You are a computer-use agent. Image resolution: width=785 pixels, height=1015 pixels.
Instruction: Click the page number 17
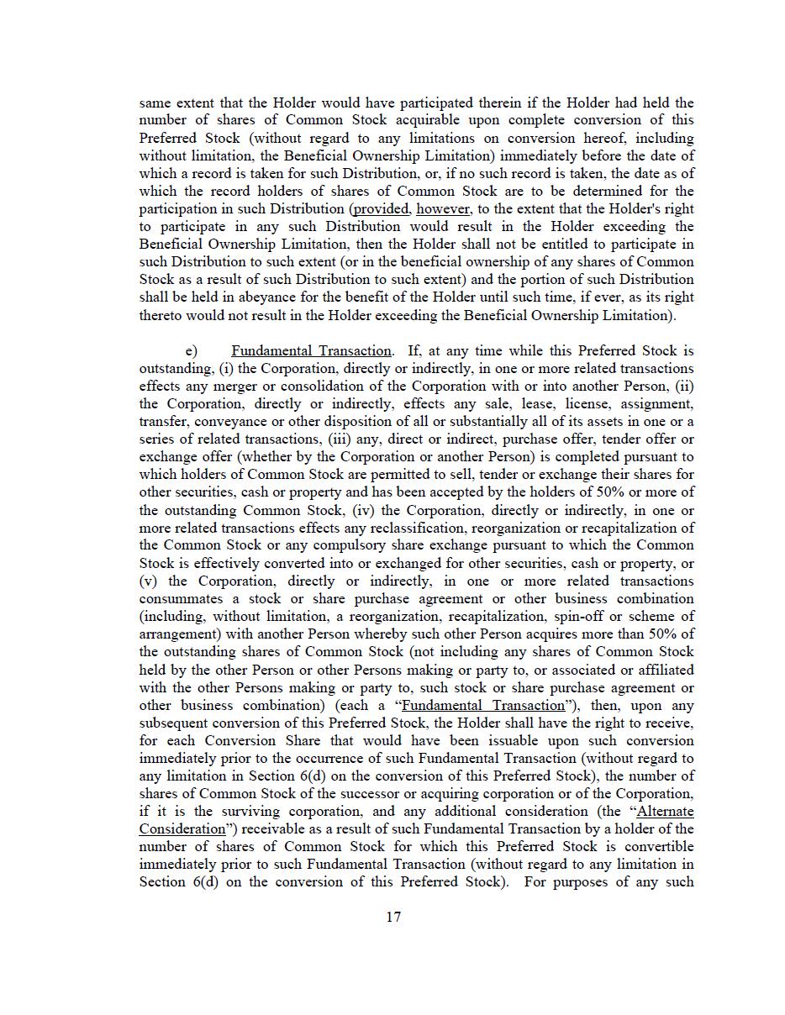393,917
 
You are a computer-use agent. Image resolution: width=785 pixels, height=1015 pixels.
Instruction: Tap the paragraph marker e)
192,351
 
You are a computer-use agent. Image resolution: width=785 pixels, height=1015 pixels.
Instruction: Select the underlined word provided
382,209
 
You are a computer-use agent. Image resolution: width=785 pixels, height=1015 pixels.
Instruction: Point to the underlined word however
443,209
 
